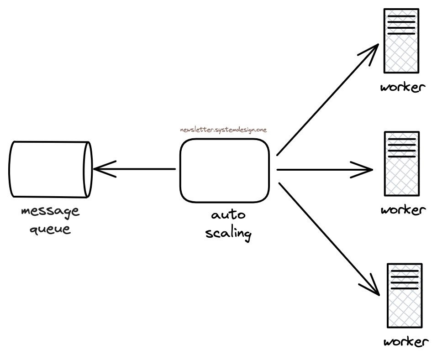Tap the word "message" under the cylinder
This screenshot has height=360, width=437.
[x=50, y=212]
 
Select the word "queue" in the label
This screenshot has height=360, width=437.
[x=50, y=228]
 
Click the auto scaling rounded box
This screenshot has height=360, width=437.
[x=224, y=170]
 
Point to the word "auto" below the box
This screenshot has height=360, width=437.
[x=228, y=214]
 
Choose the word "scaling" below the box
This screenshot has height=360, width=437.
[x=228, y=233]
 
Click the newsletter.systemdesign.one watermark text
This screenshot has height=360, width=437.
[x=223, y=130]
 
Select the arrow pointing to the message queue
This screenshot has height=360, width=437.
[x=137, y=169]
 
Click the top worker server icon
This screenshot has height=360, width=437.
[x=401, y=41]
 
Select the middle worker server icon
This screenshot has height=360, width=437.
[x=401, y=163]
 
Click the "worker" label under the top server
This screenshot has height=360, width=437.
[x=403, y=87]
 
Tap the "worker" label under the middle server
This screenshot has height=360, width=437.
[x=403, y=210]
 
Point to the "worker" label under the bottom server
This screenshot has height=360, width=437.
[x=406, y=342]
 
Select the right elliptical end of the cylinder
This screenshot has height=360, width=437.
[x=88, y=170]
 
